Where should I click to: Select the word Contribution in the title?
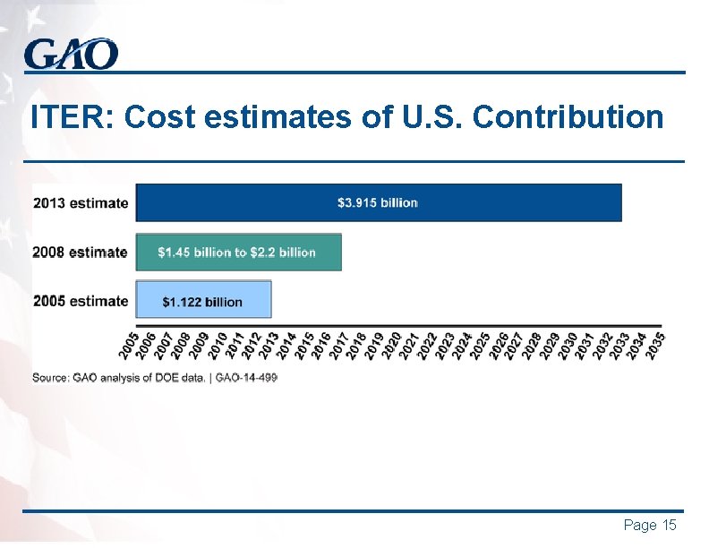pyautogui.click(x=568, y=117)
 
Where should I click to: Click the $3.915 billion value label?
pyautogui.click(x=378, y=202)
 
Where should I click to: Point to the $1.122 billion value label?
pyautogui.click(x=202, y=302)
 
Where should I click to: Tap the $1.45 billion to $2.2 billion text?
pyautogui.click(x=237, y=253)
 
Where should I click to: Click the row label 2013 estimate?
pyautogui.click(x=81, y=202)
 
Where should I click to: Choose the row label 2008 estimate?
pyautogui.click(x=81, y=253)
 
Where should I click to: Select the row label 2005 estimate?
pyautogui.click(x=81, y=301)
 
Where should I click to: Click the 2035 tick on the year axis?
pyautogui.click(x=656, y=345)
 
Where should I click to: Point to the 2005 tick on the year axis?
pyautogui.click(x=131, y=345)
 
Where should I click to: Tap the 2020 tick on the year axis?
pyautogui.click(x=393, y=345)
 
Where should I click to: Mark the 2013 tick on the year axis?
pyautogui.click(x=270, y=345)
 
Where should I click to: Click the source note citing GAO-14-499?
pyautogui.click(x=155, y=378)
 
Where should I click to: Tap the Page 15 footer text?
pyautogui.click(x=649, y=526)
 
